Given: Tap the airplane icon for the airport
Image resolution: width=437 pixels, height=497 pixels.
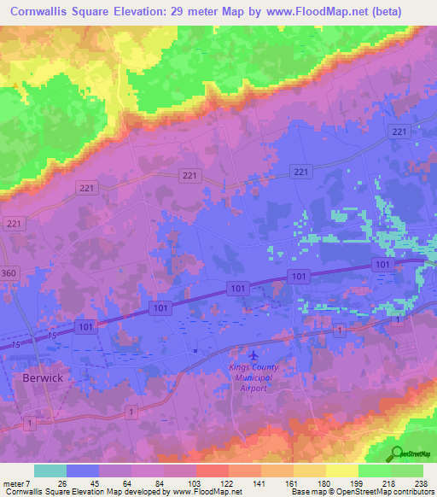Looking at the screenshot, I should [x=252, y=354].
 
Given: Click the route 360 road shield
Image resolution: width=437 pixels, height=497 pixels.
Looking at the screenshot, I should [x=9, y=271].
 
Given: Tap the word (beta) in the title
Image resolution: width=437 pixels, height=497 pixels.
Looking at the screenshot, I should [x=404, y=12].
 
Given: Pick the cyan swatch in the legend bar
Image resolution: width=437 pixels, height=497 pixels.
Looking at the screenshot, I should [x=50, y=471].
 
